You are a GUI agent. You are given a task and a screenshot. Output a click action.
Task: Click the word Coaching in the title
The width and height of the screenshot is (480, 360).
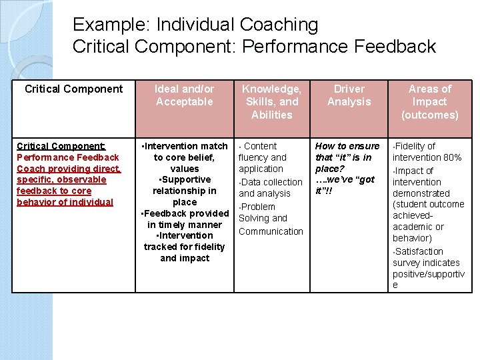pos(279,25)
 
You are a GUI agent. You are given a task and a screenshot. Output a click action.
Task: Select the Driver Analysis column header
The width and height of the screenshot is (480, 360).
pos(349,95)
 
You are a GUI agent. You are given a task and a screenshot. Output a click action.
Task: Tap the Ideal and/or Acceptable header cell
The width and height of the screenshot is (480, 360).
pos(184,95)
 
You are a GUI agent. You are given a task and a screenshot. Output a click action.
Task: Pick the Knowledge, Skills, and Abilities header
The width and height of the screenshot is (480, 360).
pos(271,101)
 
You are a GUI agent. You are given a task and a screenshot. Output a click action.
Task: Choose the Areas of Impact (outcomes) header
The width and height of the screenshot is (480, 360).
pos(429,101)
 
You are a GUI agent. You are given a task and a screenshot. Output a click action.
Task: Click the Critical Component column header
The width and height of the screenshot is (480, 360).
pos(73,89)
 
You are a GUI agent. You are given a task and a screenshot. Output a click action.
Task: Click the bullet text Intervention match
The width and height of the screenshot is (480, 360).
pos(186,146)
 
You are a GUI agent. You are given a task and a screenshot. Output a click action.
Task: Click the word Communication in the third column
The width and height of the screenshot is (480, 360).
pos(271,231)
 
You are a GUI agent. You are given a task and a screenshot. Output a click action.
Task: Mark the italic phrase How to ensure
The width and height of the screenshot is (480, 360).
pos(347,146)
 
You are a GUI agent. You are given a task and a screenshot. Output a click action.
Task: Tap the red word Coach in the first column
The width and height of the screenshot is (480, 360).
pos(30,169)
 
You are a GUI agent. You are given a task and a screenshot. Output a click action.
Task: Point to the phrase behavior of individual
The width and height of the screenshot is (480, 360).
pos(65,202)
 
